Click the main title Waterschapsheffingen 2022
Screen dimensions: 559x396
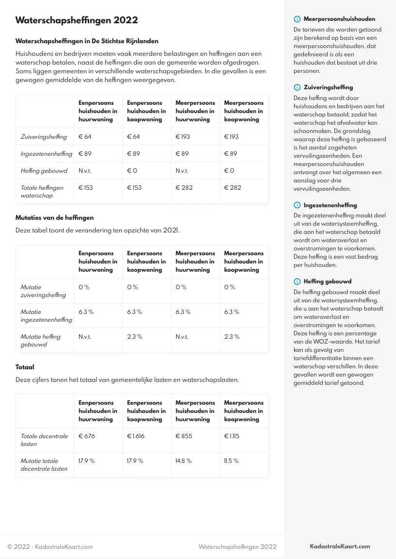pos(77,20)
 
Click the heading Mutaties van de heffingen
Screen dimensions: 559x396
pos(54,218)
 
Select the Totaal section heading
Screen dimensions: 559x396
pos(25,367)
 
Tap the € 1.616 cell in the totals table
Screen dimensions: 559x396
pos(135,436)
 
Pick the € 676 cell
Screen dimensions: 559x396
pos(87,436)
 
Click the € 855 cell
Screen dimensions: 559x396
pos(184,436)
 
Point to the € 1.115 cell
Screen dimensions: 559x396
pos(232,436)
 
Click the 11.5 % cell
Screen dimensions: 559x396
pos(231,461)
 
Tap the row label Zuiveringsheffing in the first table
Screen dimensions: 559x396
pos(44,137)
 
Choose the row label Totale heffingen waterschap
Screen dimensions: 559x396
pos(42,192)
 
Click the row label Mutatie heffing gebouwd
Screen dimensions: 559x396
pos(40,341)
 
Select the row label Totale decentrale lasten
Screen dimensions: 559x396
pos(44,440)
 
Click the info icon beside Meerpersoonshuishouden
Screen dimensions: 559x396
pos(297,19)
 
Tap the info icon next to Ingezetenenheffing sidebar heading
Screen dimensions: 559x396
pos(297,205)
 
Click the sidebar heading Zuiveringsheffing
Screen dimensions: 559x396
pos(328,87)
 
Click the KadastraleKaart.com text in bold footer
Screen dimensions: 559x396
pos(340,546)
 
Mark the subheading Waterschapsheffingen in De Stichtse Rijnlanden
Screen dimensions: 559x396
pos(87,41)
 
